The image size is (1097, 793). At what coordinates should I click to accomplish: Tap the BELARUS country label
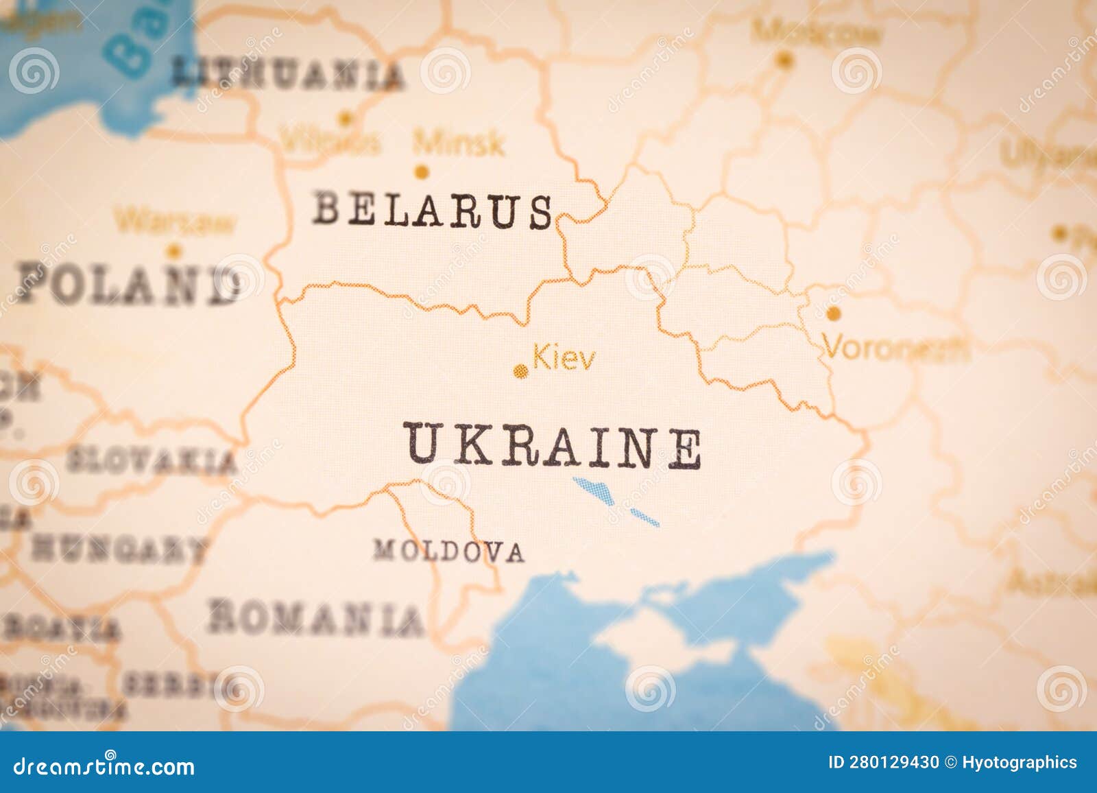point(433,210)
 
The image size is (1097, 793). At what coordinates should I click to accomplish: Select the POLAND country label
point(127,283)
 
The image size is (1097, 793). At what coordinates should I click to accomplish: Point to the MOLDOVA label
point(448,550)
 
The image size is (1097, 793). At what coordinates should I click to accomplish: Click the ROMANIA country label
point(315,617)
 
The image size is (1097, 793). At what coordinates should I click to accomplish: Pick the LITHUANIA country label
point(287,75)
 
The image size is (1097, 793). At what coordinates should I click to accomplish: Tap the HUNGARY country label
point(118,549)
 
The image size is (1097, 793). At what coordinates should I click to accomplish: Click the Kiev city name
point(564,359)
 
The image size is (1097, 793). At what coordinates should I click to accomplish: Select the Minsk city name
point(459,143)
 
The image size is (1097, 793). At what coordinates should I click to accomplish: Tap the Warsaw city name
point(175,222)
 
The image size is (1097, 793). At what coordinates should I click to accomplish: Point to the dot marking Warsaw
point(174,250)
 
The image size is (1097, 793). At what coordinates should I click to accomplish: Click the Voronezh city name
point(896,348)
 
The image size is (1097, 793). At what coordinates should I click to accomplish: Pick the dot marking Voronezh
point(833,314)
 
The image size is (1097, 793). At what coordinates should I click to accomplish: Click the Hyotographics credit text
point(1020,762)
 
